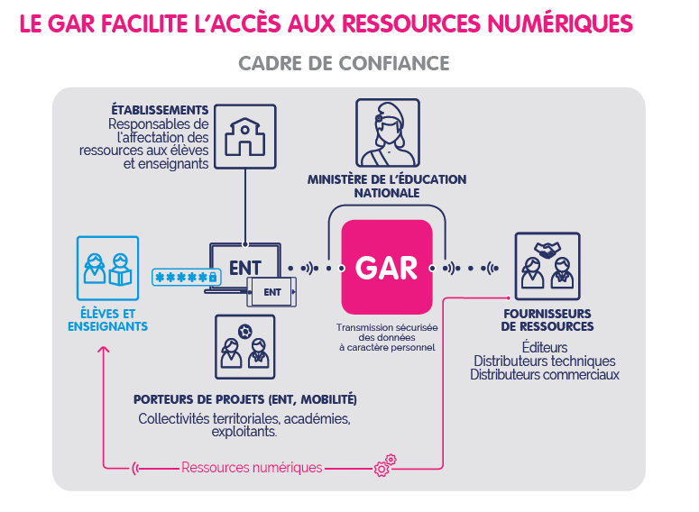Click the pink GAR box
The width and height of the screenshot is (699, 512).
[387, 267]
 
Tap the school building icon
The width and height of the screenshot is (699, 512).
[247, 135]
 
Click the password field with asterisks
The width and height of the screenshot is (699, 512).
[186, 277]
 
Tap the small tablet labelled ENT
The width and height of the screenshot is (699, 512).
[272, 292]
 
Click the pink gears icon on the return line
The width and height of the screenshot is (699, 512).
[384, 465]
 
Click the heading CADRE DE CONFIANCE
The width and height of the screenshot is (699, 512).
[344, 64]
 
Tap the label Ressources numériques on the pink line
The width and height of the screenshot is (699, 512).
[252, 467]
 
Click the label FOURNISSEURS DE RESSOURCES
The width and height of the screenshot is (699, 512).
[547, 320]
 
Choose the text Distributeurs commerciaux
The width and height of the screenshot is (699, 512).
[545, 374]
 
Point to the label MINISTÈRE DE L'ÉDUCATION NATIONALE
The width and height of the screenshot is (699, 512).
[387, 186]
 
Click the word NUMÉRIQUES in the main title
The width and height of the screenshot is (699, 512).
[552, 23]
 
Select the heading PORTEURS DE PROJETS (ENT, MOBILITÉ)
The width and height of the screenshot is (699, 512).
[245, 399]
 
